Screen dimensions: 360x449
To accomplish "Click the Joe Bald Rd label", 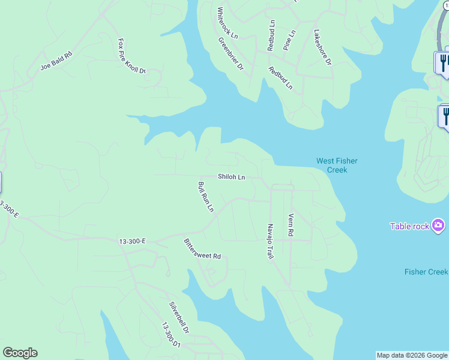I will pyautogui.click(x=56, y=61).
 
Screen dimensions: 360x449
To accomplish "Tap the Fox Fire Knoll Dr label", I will pyautogui.click(x=132, y=56).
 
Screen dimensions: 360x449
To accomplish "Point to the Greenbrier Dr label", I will pyautogui.click(x=231, y=55).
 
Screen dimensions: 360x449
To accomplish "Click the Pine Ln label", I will pyautogui.click(x=289, y=40).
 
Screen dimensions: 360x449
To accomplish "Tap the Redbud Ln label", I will pyautogui.click(x=280, y=78).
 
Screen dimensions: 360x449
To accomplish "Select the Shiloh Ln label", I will pyautogui.click(x=231, y=177).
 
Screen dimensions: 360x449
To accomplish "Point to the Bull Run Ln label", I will pyautogui.click(x=206, y=197).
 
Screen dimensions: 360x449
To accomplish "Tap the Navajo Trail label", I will pyautogui.click(x=270, y=242).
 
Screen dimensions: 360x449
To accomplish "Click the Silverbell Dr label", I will pyautogui.click(x=179, y=317).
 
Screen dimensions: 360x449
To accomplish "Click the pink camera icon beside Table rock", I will pyautogui.click(x=439, y=226).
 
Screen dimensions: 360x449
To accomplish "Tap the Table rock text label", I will pyautogui.click(x=409, y=226).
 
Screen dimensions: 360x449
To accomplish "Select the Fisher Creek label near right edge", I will pyautogui.click(x=426, y=272).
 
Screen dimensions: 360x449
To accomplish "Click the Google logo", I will pyautogui.click(x=20, y=353).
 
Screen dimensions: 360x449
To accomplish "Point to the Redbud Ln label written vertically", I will pyautogui.click(x=271, y=35).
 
